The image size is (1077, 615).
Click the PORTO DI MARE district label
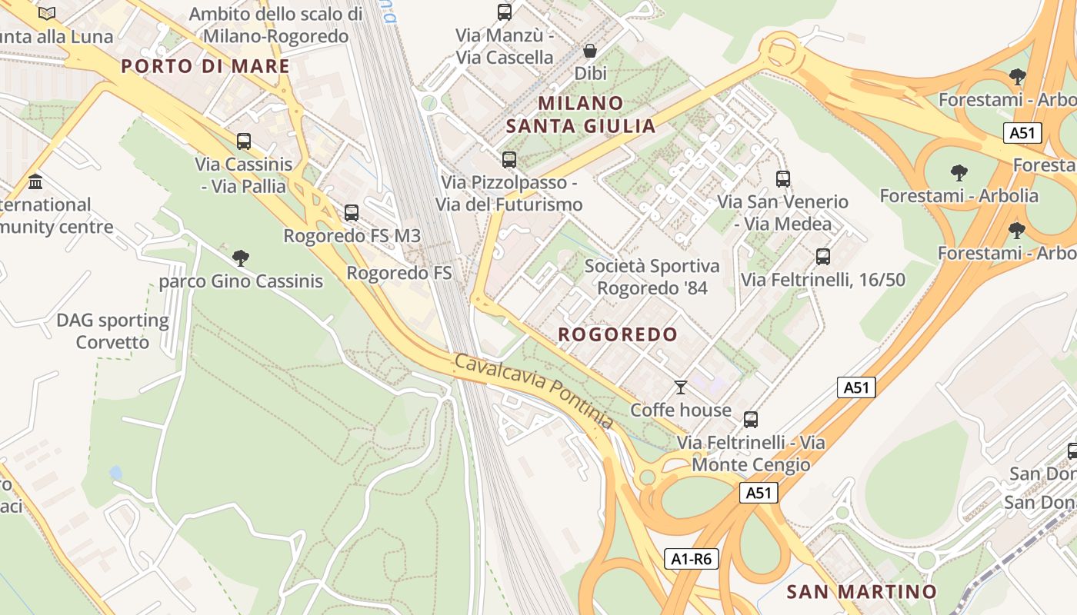[x=205, y=66]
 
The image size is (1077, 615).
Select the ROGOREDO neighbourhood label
[x=618, y=334]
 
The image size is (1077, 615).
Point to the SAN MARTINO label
[x=862, y=591]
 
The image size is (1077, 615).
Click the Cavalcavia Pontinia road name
[x=534, y=391]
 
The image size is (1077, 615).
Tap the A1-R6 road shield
[x=692, y=559]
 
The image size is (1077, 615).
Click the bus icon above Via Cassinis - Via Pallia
[x=244, y=141]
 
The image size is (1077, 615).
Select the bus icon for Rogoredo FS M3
[x=352, y=213]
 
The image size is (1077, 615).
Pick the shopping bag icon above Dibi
[x=590, y=51]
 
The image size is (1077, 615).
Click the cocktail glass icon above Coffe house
[x=680, y=387]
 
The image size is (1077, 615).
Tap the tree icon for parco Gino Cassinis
[x=241, y=258]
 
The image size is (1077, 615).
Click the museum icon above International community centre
[x=35, y=182]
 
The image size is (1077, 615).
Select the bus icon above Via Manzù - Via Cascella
[x=505, y=12]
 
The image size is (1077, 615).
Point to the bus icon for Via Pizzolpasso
[x=509, y=160]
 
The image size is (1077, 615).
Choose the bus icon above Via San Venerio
[x=783, y=179]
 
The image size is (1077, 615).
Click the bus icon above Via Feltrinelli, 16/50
[x=823, y=257]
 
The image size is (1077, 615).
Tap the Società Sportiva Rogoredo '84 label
[x=652, y=277]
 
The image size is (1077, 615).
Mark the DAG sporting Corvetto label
[x=112, y=331]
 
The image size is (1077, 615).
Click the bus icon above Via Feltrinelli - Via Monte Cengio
[x=751, y=420]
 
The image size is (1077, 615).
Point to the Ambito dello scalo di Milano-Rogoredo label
[x=275, y=25]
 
